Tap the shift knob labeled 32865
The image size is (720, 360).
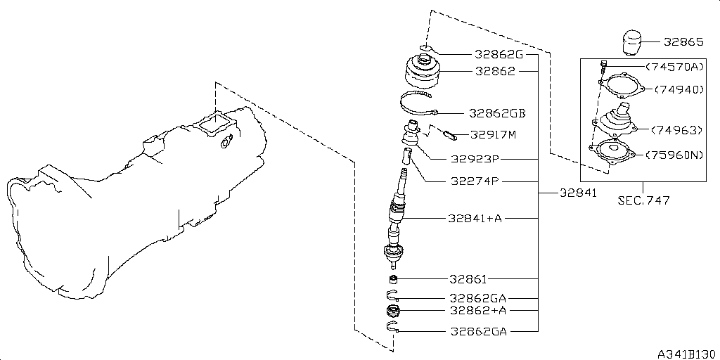tap(632, 42)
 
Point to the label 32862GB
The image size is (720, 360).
tap(498, 112)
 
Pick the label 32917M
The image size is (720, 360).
tap(494, 134)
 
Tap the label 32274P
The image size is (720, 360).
tap(475, 181)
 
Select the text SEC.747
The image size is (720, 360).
tap(643, 200)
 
